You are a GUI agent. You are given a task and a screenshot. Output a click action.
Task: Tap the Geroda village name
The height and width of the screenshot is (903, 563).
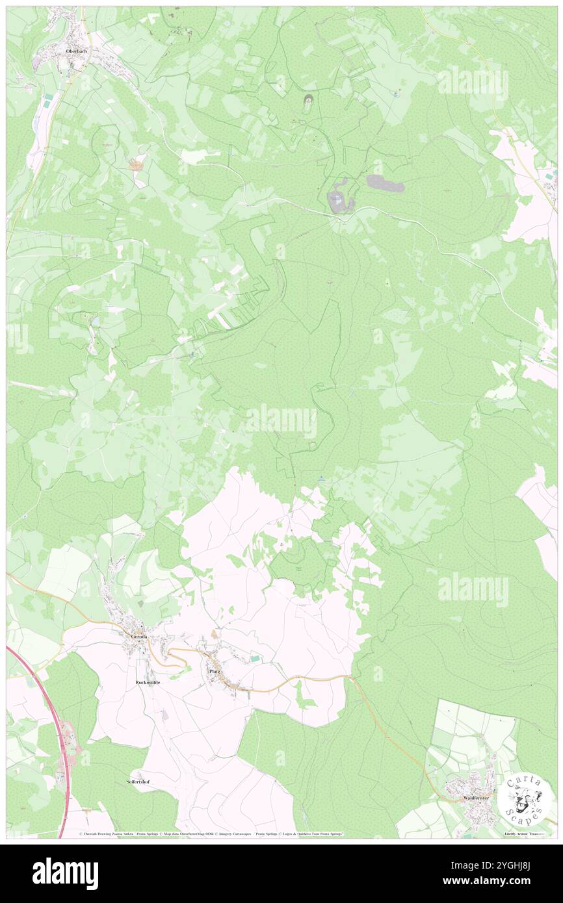click(x=139, y=637)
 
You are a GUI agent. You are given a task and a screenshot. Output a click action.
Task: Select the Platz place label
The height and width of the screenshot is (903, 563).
click(x=215, y=671)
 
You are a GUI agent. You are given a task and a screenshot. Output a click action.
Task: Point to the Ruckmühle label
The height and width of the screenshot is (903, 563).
click(x=148, y=683)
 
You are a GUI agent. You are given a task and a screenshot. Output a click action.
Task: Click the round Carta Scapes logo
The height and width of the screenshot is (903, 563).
click(x=525, y=799)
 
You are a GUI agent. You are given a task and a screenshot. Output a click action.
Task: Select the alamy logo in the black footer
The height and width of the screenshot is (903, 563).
click(x=65, y=872)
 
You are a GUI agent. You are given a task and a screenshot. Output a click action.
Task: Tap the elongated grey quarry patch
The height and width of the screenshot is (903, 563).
click(x=386, y=184)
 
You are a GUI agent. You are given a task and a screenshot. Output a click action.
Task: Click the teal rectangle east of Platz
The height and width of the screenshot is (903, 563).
click(x=256, y=659)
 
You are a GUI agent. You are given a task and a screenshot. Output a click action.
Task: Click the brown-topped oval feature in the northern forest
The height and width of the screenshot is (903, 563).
click(x=307, y=100)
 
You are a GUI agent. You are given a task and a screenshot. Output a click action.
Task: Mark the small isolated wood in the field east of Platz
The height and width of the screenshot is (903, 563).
click(x=302, y=696)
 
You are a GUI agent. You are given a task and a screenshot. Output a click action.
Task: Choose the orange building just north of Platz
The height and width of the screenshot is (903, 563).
click(x=215, y=632)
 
